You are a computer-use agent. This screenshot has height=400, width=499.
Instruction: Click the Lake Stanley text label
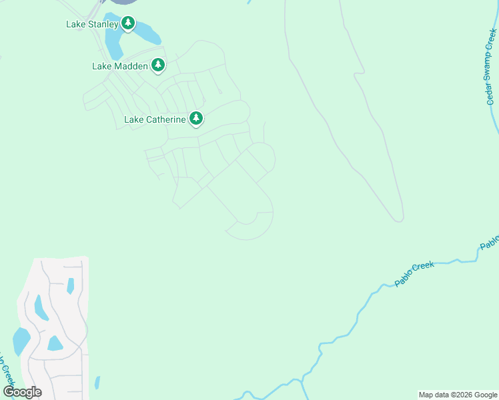click(x=92, y=24)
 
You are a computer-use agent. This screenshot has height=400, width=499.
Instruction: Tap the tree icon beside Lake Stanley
click(x=128, y=24)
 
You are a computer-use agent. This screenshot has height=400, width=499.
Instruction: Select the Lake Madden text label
click(x=120, y=66)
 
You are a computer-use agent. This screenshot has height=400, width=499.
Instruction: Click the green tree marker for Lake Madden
click(x=158, y=65)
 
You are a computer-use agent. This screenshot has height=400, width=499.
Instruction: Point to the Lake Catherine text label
click(x=155, y=120)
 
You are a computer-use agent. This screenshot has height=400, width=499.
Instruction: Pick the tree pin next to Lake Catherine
click(x=196, y=119)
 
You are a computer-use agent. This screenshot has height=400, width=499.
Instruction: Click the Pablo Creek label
click(x=414, y=274)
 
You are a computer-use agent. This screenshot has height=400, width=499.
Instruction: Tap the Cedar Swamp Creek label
click(x=492, y=67)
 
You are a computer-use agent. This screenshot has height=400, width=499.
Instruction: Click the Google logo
click(x=23, y=392)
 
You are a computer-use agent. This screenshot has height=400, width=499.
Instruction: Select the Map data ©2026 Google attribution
click(x=458, y=395)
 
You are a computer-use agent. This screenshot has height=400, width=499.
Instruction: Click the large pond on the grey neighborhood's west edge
click(x=21, y=341)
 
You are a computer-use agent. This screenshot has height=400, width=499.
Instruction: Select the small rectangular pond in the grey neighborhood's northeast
click(x=70, y=286)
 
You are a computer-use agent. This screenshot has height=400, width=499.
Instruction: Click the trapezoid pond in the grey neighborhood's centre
click(x=55, y=343)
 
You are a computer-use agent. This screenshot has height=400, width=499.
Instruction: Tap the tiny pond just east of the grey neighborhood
click(x=97, y=383)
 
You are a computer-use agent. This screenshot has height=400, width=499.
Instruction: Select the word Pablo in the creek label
click(x=405, y=278)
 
